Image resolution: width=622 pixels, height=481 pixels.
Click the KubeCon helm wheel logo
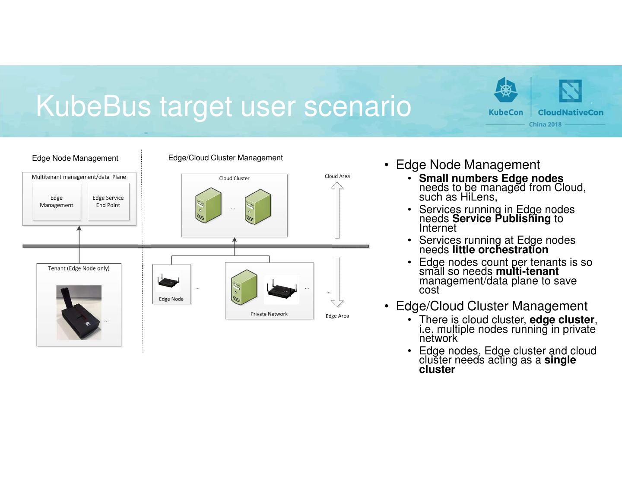pos(506,90)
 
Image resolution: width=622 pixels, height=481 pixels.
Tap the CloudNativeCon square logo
pos(570,91)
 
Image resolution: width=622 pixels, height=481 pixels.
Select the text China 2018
pos(545,124)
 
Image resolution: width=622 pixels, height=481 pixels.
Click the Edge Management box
pos(57,201)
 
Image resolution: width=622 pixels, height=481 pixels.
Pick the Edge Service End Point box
pos(108,201)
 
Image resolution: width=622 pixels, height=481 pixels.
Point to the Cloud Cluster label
pos(234,178)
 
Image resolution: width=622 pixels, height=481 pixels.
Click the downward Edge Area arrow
pos(337,281)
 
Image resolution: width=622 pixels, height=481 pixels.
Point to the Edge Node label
pos(171,299)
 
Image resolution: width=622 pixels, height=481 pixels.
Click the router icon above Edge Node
pos(168,282)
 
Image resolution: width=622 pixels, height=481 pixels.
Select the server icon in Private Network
pos(244,287)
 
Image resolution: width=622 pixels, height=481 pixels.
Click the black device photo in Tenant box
pos(79,312)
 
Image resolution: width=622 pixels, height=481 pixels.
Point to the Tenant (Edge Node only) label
pos(79,268)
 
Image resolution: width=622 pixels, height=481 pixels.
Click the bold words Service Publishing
pos(501,219)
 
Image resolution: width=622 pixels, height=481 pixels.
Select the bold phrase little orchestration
pos(500,250)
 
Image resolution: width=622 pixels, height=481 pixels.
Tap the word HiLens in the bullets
pos(477,197)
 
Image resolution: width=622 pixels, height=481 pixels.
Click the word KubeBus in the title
pos(93,106)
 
